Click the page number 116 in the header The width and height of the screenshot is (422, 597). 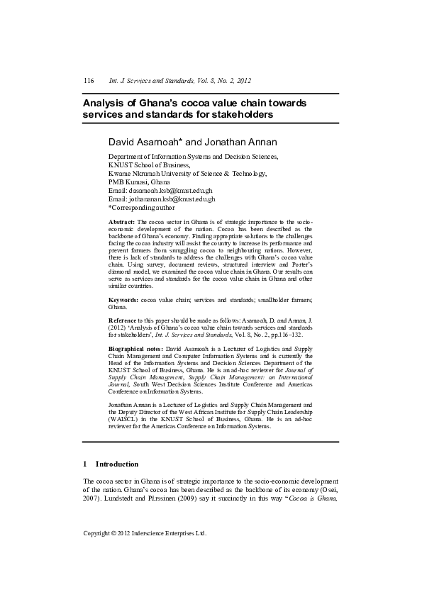point(89,81)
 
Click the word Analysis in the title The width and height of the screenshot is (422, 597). point(105,102)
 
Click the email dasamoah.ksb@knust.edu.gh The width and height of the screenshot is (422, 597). point(170,191)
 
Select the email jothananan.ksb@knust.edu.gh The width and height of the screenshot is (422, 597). point(172,199)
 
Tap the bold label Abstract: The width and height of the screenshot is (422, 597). point(122,222)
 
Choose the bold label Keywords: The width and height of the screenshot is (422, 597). point(124,301)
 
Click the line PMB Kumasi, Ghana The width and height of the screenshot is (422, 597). point(138,182)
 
